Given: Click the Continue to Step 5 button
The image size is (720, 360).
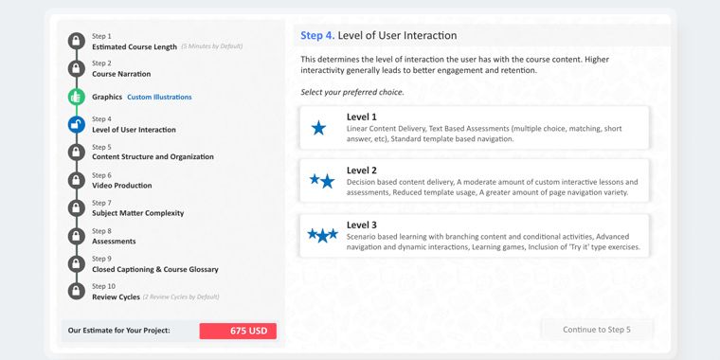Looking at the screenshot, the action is coord(597,330).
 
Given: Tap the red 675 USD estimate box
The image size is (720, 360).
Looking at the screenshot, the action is coord(238,331).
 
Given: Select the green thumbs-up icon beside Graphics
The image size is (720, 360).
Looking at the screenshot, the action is coord(77,97).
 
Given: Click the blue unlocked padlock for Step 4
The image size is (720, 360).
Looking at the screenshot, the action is coord(77,124).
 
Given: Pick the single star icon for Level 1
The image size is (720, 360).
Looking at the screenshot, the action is coord(318,128).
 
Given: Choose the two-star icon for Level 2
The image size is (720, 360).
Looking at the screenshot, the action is coord(322,181).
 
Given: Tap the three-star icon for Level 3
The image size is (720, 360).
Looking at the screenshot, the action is coord(322,235).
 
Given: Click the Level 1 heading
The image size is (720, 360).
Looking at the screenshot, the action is coord(361,117).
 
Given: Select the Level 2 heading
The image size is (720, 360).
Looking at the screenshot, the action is coord(361,171).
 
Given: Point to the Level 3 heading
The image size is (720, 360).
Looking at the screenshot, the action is coord(361,225).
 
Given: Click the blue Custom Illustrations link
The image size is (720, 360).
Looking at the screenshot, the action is coord(159,97).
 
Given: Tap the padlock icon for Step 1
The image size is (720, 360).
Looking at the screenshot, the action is coord(77,41).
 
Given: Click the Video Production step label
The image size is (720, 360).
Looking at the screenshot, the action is coord(121,186).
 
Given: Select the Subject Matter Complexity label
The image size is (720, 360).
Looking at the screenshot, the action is coord(137,213).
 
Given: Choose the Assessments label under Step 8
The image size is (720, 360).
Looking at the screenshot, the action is coord(114,241).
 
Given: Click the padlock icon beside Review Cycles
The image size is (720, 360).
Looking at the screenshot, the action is coord(77,291).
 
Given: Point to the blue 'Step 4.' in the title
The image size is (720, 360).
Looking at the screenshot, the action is coord(317,35).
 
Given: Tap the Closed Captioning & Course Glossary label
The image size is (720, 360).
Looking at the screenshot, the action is coord(155,270).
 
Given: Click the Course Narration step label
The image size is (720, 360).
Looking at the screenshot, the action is coord(121,74).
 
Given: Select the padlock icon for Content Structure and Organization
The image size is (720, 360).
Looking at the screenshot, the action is coord(77,152).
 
